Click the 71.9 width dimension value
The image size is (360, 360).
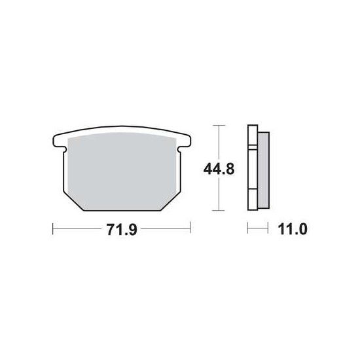122,229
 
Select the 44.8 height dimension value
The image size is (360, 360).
219,169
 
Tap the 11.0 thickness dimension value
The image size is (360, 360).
293,229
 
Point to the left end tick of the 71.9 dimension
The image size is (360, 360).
53,228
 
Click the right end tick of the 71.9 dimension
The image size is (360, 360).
190,228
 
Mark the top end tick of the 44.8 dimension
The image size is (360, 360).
219,126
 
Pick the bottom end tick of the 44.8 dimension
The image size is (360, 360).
218,210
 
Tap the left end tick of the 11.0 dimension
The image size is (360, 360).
247,228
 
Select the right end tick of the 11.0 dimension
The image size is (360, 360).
268,228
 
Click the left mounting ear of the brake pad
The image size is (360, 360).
58,142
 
